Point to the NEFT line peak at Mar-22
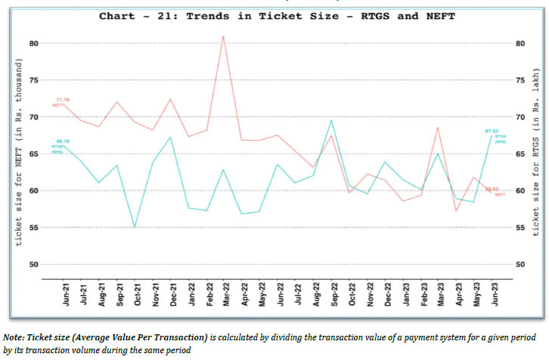[x=222, y=36]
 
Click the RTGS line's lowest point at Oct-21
[x=135, y=227]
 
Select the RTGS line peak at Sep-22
[x=331, y=120]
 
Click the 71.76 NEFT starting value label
[x=62, y=100]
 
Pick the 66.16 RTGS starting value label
[x=61, y=141]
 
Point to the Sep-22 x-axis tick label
[x=332, y=293]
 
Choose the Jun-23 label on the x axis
[x=495, y=293]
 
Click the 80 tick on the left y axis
[x=33, y=43]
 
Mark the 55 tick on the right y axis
[x=520, y=228]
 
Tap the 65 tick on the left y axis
[x=33, y=154]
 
